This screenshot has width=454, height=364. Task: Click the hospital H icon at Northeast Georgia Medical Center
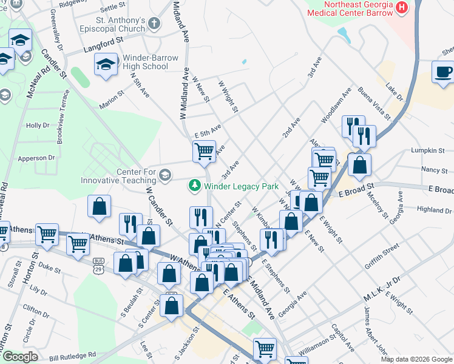(401, 7)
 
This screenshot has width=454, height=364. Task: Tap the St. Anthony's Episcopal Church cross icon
(154, 24)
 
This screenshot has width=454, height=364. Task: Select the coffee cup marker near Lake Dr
(443, 72)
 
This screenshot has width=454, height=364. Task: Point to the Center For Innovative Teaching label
(119, 175)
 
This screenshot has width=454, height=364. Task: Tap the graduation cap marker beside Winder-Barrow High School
(106, 64)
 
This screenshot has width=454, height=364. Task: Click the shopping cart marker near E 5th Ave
(204, 150)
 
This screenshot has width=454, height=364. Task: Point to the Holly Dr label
(38, 126)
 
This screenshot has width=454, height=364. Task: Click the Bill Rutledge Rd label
(73, 354)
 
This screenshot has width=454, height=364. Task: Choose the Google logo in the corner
(19, 357)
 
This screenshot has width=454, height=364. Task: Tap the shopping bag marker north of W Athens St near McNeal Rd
(98, 206)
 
